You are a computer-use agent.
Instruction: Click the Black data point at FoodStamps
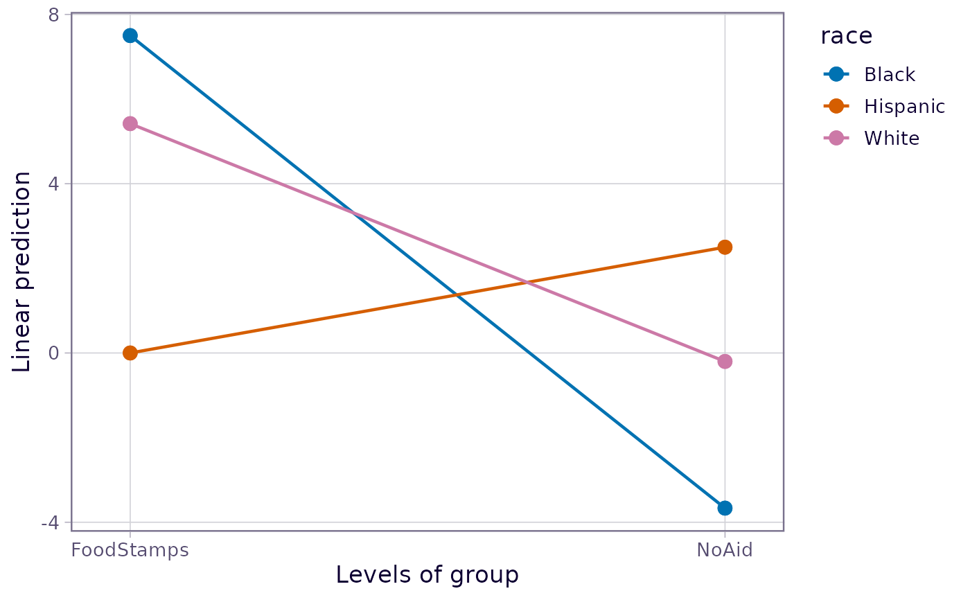coord(130,35)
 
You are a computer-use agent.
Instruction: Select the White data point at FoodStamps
coord(130,124)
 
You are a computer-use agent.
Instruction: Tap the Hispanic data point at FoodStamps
coord(130,353)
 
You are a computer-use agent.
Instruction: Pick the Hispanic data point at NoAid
coord(725,247)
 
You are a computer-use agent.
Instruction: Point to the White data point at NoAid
coord(725,361)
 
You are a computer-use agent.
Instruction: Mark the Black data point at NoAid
coord(725,508)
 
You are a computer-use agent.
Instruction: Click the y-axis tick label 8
coord(54,15)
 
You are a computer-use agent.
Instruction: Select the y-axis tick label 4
coord(54,184)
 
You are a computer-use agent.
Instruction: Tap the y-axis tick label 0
coord(54,353)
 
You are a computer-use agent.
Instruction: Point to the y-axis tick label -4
coord(50,522)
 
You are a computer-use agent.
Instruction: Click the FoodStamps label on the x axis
coord(130,550)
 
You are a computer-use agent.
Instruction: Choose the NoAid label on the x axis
coord(725,550)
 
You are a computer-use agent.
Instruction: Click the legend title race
coord(847,36)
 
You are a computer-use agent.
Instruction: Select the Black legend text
coord(890,74)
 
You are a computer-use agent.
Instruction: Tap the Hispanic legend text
coord(905,107)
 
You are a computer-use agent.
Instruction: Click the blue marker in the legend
coord(836,74)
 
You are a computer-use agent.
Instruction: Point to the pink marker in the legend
coord(836,138)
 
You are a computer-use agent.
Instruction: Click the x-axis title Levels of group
coord(427,575)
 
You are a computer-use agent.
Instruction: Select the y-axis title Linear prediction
coord(21,272)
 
